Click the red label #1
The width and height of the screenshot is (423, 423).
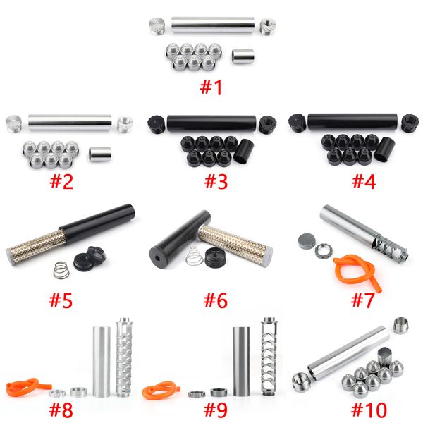[x=211, y=87]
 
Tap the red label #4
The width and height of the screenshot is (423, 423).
[x=364, y=181]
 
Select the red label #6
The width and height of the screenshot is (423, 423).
[x=216, y=300]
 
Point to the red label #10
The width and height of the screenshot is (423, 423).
[x=369, y=410]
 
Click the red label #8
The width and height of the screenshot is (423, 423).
[x=61, y=410]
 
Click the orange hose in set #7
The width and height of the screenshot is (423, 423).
[x=356, y=270]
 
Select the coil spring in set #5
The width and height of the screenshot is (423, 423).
[x=61, y=270]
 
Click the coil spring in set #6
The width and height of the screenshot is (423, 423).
[x=195, y=256]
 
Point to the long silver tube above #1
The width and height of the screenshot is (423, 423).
[x=213, y=25]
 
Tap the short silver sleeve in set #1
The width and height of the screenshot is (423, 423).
[x=243, y=56]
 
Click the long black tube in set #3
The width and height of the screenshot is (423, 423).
[x=211, y=123]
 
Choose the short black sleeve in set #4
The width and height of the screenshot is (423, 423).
[x=384, y=149]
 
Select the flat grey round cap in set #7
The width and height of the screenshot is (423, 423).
[x=307, y=241]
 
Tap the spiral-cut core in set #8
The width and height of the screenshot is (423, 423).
[x=124, y=357]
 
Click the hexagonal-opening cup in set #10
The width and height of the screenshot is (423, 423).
[x=385, y=357]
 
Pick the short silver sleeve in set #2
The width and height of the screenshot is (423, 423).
[x=100, y=154]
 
